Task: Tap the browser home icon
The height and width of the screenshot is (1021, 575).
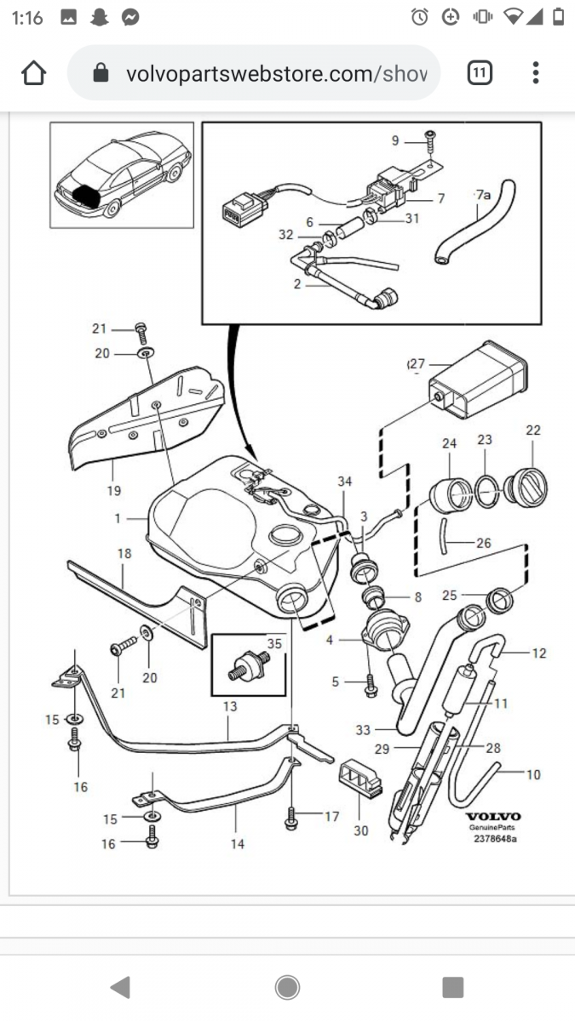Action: (33, 74)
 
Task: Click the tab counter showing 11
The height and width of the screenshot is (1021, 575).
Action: (480, 74)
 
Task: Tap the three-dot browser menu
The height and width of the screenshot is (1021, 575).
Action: (535, 73)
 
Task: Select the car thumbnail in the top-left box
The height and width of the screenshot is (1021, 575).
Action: (122, 175)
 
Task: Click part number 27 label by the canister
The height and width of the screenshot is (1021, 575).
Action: (417, 364)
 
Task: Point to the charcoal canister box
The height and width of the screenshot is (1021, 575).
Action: (469, 384)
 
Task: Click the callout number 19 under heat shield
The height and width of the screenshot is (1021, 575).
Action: (114, 490)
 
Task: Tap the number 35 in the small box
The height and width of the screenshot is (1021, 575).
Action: (273, 644)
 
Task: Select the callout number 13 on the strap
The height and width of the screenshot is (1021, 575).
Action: (229, 706)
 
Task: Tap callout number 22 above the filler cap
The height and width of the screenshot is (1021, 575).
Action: (533, 431)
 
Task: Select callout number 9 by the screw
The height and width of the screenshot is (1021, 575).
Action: (395, 140)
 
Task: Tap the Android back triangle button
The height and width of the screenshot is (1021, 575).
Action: (121, 987)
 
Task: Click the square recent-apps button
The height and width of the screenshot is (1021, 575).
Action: (452, 987)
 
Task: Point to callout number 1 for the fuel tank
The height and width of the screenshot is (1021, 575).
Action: (117, 516)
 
